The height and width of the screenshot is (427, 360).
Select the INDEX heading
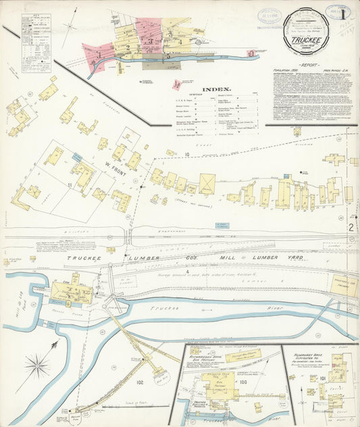pos(217,89)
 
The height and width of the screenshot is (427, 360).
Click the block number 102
pos(140,382)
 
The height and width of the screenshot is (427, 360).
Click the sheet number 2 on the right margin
pos(351,228)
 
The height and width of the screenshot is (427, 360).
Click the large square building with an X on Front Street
pos(207,184)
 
